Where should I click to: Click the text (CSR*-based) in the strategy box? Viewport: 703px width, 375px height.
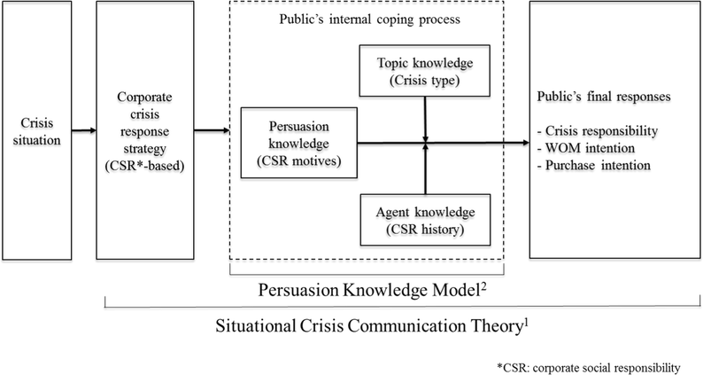coord(149,167)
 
